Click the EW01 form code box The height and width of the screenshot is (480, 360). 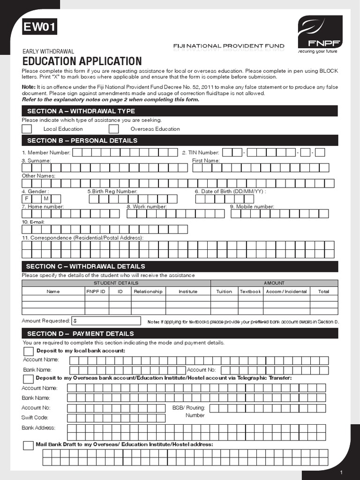point(40,28)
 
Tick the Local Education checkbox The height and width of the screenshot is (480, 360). point(27,129)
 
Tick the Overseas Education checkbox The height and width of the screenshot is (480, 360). point(113,129)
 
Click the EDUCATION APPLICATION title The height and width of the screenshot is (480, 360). point(82,61)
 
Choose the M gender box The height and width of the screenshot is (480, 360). point(46,199)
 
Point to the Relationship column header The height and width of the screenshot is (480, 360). point(148,292)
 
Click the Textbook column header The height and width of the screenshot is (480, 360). point(250,292)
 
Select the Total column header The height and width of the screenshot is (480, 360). point(323,292)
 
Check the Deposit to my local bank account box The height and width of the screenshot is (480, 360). point(29,352)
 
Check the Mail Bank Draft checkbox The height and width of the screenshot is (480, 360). point(29,445)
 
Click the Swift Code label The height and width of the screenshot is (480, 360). point(35,417)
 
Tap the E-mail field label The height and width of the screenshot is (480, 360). point(33,222)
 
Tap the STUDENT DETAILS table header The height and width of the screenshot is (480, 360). point(116,283)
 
